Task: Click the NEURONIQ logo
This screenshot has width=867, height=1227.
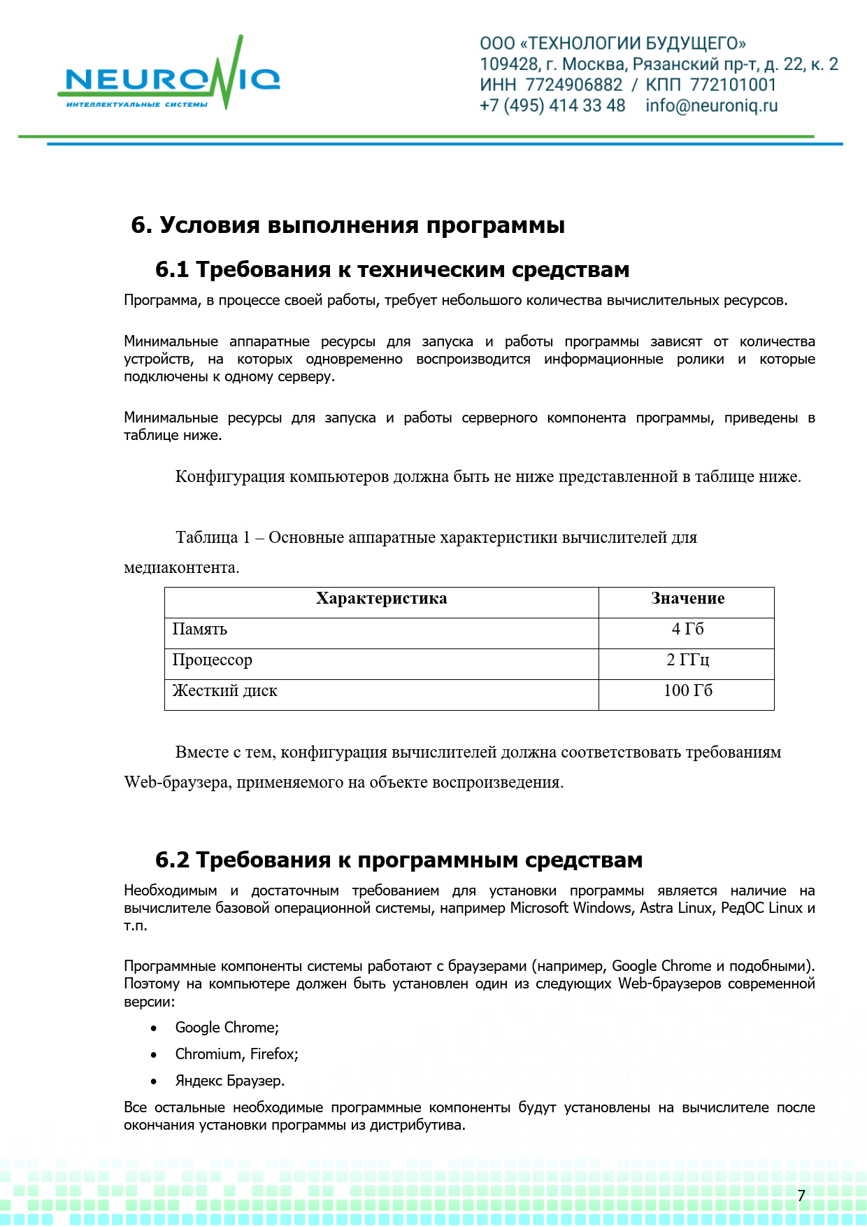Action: (x=169, y=80)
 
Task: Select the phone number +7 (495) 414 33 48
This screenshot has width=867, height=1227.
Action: (x=552, y=106)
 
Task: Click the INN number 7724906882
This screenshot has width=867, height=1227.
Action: (x=573, y=85)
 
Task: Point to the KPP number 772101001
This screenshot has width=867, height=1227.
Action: (x=733, y=85)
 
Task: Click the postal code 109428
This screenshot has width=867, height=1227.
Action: (x=509, y=64)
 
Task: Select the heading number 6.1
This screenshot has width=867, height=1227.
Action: (x=172, y=270)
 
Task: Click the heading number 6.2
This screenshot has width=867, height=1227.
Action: (x=172, y=860)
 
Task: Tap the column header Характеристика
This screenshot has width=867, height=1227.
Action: (x=381, y=599)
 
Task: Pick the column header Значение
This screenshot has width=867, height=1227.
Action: (x=687, y=599)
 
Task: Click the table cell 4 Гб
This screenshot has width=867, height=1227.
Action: (x=687, y=630)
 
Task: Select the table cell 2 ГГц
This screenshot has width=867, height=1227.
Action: (x=687, y=660)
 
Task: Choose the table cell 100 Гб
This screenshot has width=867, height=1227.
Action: (x=687, y=691)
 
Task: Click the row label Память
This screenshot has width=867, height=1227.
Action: (x=200, y=630)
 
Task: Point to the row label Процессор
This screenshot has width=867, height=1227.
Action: (x=213, y=660)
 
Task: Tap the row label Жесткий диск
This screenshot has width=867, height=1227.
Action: (x=225, y=691)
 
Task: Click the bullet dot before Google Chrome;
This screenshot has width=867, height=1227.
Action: (x=154, y=1028)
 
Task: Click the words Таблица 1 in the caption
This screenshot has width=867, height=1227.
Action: (x=213, y=538)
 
